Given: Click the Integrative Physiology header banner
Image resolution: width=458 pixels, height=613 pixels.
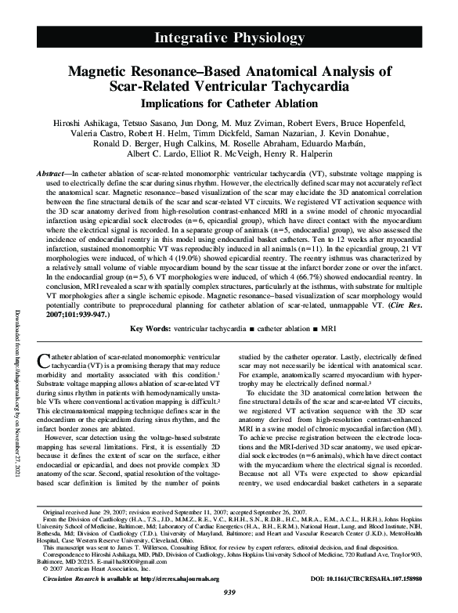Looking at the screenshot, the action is point(229,38).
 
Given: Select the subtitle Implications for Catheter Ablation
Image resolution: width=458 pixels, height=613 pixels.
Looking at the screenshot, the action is point(229,103).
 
